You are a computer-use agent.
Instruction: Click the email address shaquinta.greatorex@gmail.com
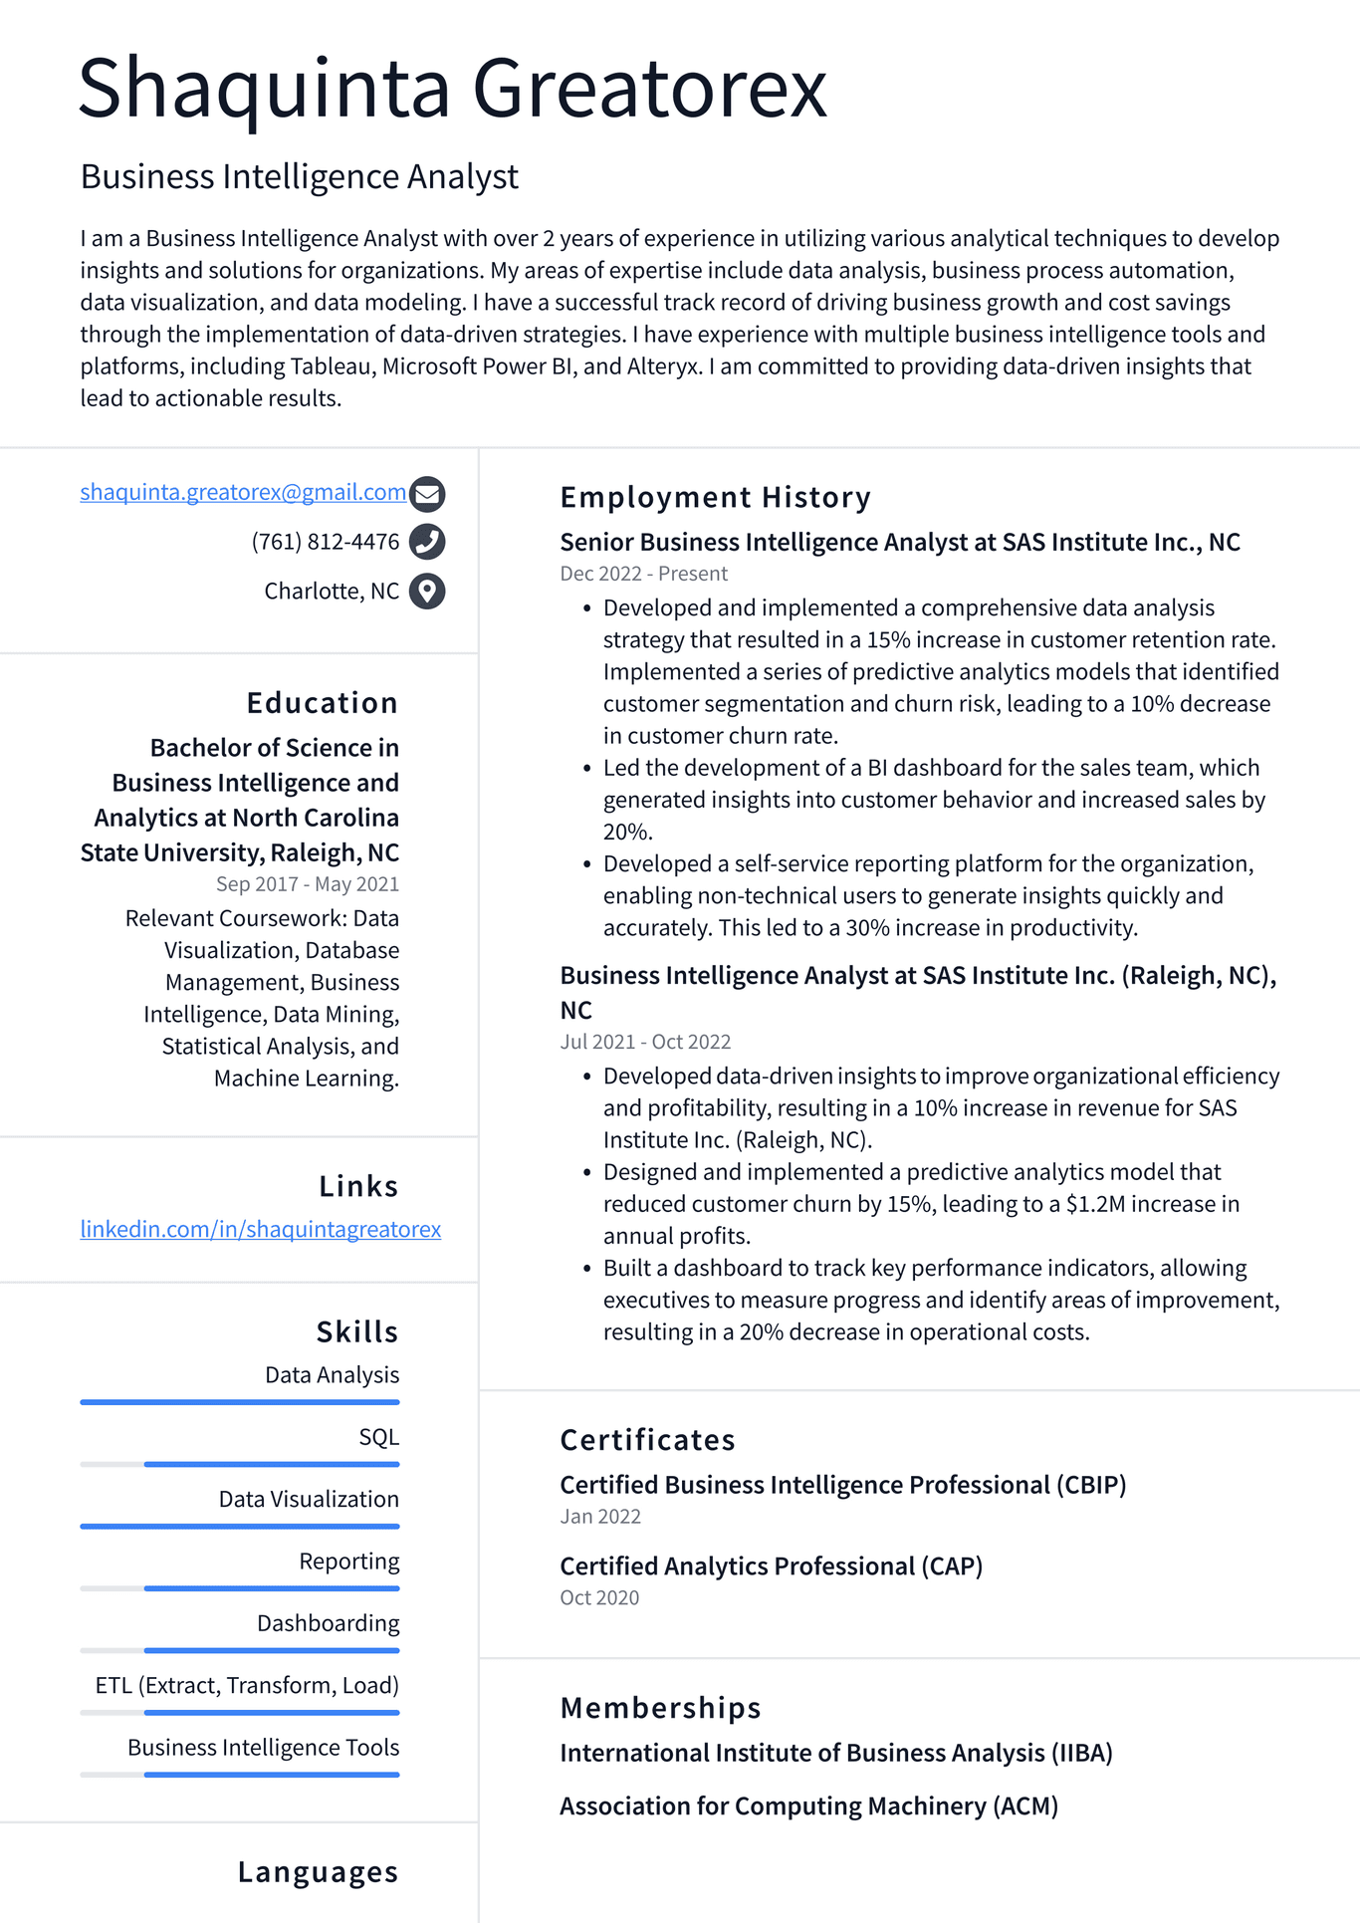coord(243,492)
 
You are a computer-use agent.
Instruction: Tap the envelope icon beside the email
coord(427,493)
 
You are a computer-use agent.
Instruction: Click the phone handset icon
coord(427,542)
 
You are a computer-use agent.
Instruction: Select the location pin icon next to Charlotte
coord(427,592)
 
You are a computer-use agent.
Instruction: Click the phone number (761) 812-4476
coord(325,542)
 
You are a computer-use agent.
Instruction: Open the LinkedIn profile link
coord(260,1229)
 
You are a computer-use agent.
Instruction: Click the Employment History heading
coord(715,497)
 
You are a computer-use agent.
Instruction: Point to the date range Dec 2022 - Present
coord(643,574)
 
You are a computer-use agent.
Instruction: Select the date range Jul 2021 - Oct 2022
coord(645,1042)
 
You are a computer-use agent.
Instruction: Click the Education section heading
coord(322,703)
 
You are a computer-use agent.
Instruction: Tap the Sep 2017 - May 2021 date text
coord(307,884)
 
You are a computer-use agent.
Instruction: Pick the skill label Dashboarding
coord(328,1623)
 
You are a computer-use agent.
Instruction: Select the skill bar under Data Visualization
coord(240,1526)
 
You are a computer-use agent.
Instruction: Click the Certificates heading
coord(647,1440)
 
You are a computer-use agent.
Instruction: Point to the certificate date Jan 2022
coord(600,1517)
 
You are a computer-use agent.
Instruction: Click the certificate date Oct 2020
coord(599,1597)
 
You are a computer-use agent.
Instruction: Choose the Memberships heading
coord(660,1708)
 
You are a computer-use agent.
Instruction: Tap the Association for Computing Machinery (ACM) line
coord(808,1806)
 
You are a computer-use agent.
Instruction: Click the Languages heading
coord(318,1872)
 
